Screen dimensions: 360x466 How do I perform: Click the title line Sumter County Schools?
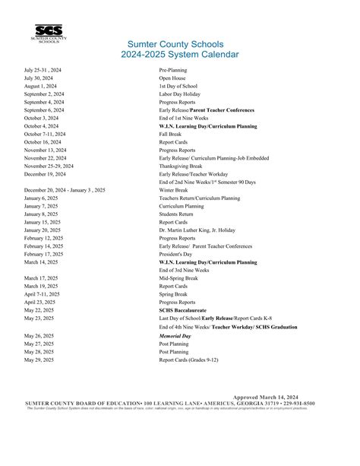click(179, 45)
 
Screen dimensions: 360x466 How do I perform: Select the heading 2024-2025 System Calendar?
click(179, 55)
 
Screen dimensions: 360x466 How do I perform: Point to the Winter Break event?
click(172, 189)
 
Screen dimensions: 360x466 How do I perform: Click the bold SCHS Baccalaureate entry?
click(182, 310)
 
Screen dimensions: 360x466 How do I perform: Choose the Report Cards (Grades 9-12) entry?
click(191, 359)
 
